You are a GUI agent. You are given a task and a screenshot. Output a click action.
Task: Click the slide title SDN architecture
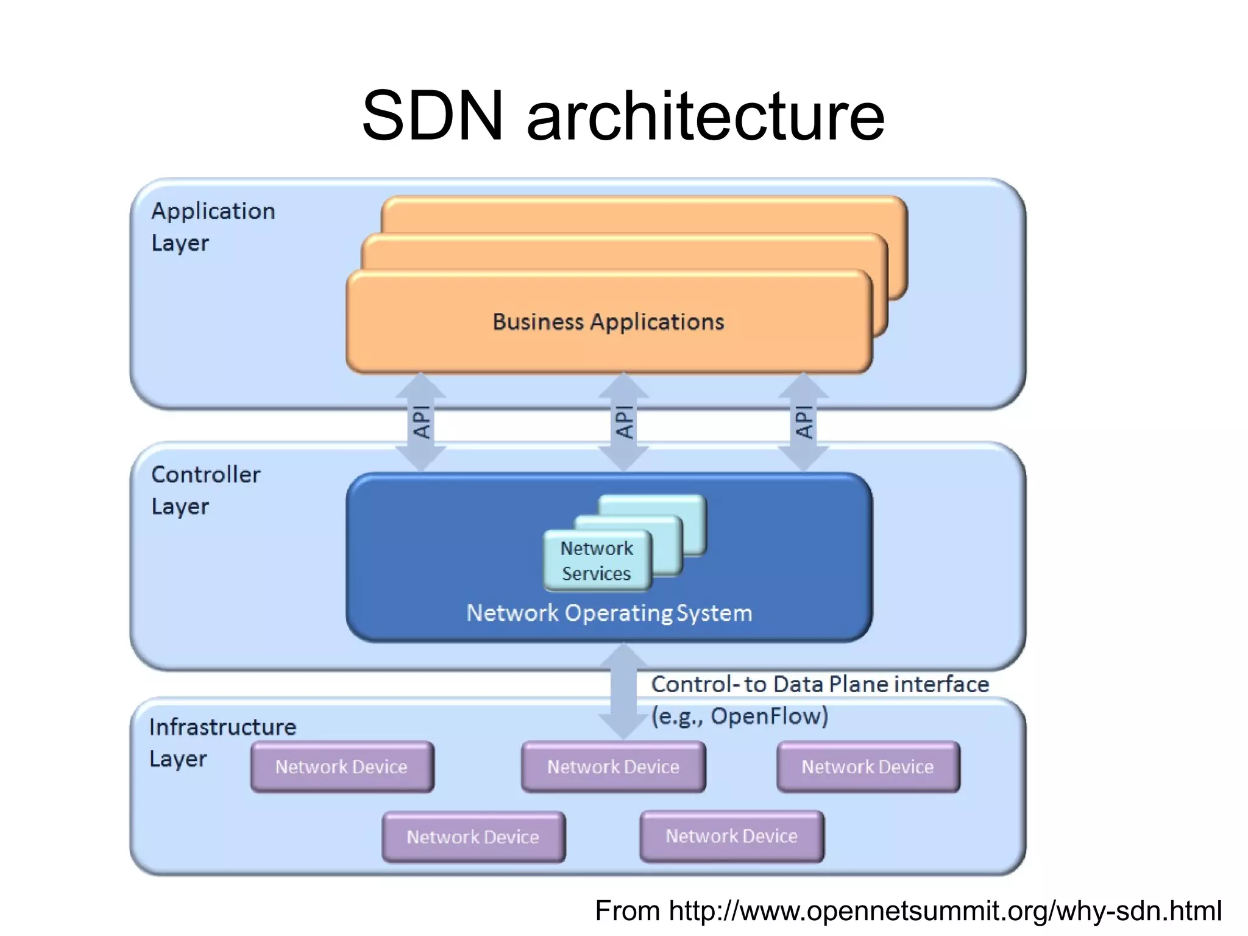tap(623, 116)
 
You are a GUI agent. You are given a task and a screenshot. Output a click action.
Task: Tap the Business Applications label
tap(608, 322)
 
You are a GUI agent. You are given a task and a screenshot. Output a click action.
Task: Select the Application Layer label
tap(213, 226)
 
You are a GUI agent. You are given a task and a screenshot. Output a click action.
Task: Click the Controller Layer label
tap(205, 490)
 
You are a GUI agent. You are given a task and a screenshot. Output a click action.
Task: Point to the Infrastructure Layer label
tap(222, 742)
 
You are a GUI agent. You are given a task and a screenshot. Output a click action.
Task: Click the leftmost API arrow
tap(421, 422)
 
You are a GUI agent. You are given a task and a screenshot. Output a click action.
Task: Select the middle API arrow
tap(623, 422)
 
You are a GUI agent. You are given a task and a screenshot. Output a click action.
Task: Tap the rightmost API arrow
tap(804, 422)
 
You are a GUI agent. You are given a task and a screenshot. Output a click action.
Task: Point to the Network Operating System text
tap(609, 613)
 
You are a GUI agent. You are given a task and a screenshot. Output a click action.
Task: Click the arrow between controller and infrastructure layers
tap(623, 692)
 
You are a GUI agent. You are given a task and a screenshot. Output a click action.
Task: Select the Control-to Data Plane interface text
tap(820, 684)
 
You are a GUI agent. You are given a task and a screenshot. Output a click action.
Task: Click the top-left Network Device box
tap(342, 766)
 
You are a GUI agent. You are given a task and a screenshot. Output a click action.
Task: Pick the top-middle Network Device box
tap(613, 766)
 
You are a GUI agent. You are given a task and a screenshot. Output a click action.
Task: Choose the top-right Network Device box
tap(868, 766)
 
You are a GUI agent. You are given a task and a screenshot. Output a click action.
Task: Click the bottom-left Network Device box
tap(473, 837)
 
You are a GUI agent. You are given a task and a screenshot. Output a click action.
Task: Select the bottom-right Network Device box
tap(731, 836)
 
